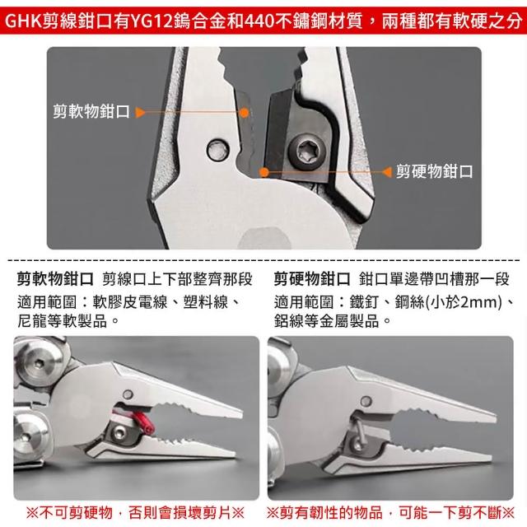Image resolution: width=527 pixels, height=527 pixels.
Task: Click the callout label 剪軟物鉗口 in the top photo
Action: click(91, 111)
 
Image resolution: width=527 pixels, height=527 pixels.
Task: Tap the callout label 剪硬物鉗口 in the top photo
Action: click(434, 171)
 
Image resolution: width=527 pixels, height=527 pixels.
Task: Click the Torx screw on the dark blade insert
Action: click(307, 152)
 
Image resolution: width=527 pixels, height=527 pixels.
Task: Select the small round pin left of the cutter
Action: click(218, 150)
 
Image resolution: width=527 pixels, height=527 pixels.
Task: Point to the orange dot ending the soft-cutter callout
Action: click(245, 113)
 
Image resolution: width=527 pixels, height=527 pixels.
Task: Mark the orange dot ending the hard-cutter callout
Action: click(264, 172)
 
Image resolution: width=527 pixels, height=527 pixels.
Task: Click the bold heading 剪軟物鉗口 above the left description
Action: click(55, 279)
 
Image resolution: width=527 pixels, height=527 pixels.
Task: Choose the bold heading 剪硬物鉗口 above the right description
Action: click(312, 279)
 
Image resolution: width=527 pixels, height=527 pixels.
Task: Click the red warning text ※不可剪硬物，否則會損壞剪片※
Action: click(135, 512)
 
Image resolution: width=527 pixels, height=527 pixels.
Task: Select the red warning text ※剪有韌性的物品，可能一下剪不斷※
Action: click(390, 512)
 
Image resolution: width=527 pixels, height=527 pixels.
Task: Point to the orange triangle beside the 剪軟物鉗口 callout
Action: click(140, 112)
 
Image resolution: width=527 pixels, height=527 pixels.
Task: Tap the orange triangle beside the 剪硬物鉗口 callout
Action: click(387, 172)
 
